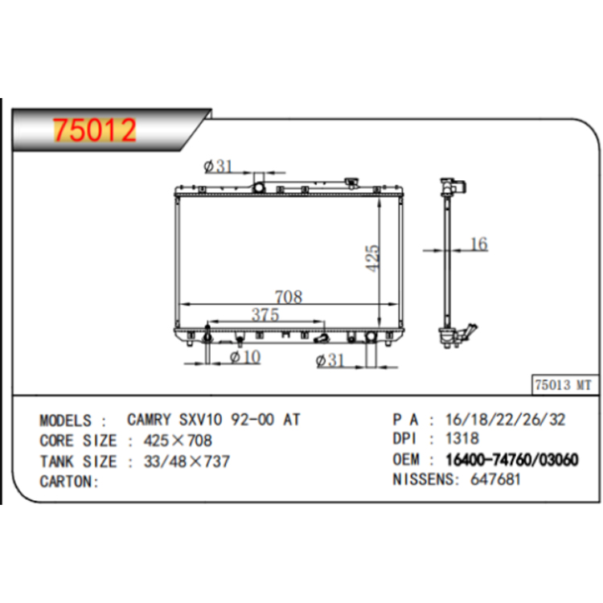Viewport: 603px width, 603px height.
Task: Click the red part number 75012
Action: (95, 129)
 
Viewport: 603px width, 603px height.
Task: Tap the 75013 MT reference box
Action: (565, 384)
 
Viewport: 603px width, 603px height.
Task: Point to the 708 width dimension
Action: (289, 297)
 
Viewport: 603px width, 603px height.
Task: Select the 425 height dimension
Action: (372, 258)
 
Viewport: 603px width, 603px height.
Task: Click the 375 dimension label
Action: (265, 314)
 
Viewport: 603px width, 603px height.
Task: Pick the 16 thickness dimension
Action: (479, 244)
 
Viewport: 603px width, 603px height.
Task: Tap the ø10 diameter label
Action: (245, 357)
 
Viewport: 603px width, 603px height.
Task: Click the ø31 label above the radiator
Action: (218, 166)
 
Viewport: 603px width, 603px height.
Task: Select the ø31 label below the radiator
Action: (330, 360)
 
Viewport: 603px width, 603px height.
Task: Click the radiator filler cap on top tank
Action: (351, 183)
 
